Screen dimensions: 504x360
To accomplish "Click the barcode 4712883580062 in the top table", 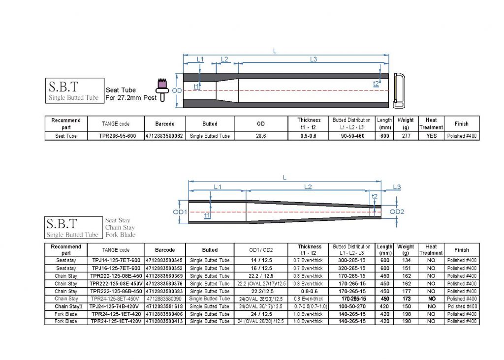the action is pos(164,136).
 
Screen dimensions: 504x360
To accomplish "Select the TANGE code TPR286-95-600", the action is pos(117,136).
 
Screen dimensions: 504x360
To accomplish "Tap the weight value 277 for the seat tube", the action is pos(406,136).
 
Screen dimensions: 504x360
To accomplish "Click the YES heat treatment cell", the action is pos(431,136).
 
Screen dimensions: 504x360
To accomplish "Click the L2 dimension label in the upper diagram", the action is pos(224,60).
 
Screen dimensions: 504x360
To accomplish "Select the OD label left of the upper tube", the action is pos(177,90).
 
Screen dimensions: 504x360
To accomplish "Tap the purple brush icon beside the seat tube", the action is pos(162,90).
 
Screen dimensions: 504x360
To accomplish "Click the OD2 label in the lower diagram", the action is pos(397,211).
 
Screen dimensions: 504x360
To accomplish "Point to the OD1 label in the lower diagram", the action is pos(180,212).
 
